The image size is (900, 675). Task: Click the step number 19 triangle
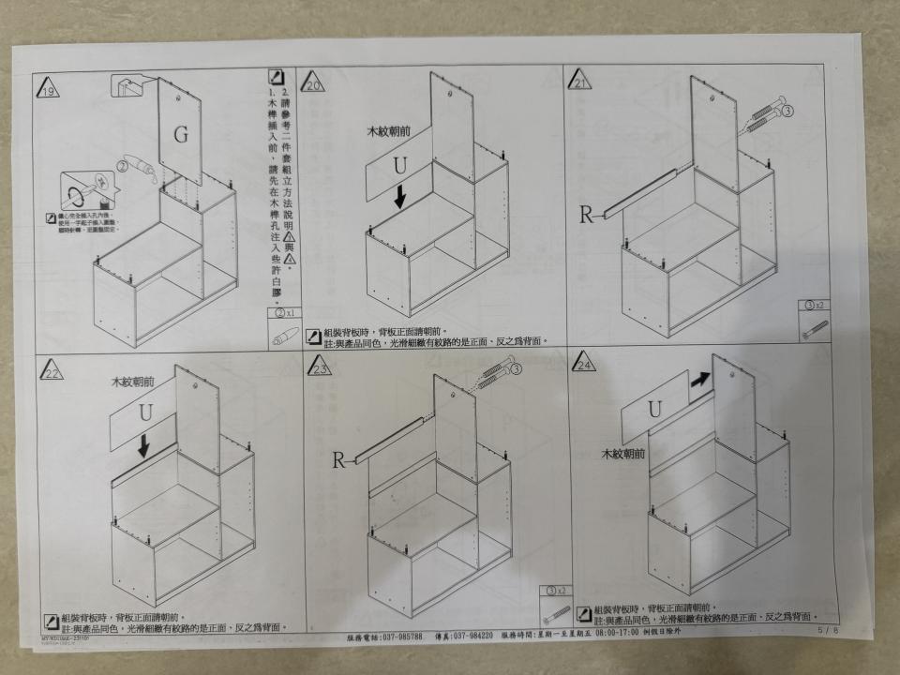coord(48,89)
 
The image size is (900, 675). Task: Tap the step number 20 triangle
coord(312,84)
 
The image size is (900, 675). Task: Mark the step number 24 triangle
coord(586,365)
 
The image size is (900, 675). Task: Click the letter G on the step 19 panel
coord(180,134)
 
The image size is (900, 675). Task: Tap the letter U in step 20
coord(399,167)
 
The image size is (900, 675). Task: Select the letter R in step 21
coord(587,215)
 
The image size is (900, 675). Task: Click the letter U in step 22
coord(145,412)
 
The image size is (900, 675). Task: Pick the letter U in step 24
coord(654,409)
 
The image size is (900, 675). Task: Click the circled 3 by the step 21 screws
coord(787,111)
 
